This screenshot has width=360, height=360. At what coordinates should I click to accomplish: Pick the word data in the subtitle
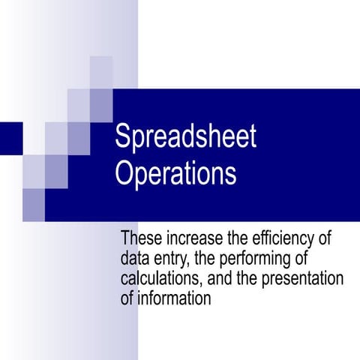point(133,259)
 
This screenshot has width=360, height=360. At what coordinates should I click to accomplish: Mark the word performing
point(259,259)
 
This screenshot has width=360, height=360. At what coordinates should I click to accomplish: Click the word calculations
point(161,279)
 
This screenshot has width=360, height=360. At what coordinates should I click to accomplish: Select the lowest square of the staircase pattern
point(33,205)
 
